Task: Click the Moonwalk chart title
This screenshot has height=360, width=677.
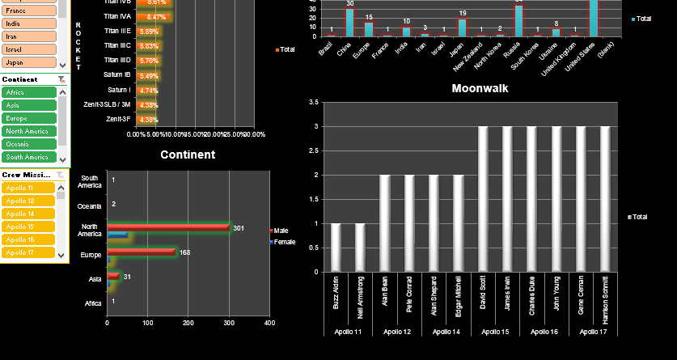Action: click(480, 88)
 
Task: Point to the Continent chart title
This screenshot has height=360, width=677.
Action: click(188, 155)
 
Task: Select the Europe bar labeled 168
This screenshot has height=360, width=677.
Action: click(141, 252)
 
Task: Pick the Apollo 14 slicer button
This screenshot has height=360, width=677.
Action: click(28, 214)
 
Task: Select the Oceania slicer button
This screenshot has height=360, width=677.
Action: click(28, 144)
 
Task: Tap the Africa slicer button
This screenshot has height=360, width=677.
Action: click(28, 93)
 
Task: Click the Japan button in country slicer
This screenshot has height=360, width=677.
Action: click(28, 62)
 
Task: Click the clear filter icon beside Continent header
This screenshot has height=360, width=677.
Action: click(61, 79)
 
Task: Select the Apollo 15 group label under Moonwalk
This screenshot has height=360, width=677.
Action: click(495, 332)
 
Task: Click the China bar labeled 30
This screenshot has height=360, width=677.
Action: click(350, 23)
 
